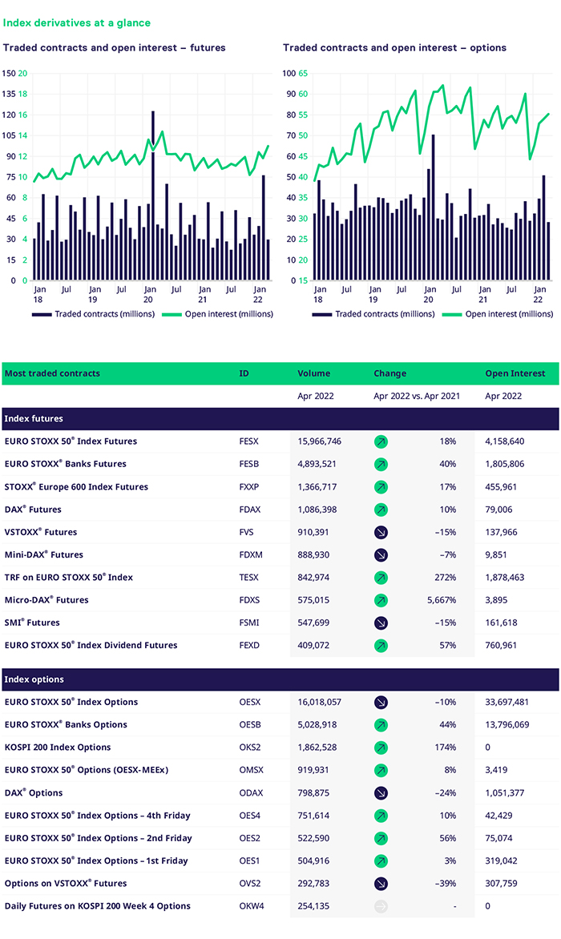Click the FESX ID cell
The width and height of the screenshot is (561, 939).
248,441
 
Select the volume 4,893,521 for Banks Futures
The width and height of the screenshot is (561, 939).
319,464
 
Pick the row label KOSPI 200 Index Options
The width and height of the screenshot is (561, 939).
58,748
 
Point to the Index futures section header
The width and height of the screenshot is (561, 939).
34,418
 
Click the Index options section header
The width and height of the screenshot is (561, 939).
34,679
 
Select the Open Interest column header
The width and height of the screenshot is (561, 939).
515,373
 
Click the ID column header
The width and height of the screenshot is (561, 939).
244,373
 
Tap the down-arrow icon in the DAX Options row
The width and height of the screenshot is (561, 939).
381,793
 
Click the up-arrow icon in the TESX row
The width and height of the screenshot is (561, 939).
381,578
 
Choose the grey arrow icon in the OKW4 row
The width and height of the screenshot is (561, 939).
381,906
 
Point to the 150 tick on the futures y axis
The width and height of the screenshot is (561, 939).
9,73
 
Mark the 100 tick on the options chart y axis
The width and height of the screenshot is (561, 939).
290,73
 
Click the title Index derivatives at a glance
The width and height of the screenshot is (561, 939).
77,23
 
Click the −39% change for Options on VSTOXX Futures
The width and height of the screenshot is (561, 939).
445,884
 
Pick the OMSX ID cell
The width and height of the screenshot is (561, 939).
250,770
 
